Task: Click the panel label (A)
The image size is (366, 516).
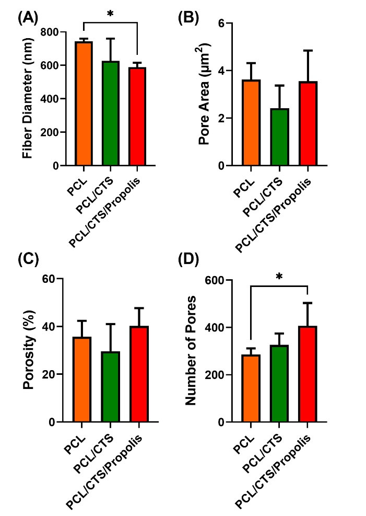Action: (x=28, y=18)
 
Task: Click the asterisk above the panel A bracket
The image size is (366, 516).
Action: (x=110, y=13)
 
